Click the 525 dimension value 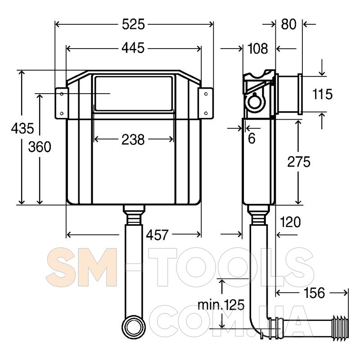coord(133,24)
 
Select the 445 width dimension coord(133,48)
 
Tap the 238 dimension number coord(133,139)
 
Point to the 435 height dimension coord(22,128)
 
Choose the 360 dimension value coord(40,147)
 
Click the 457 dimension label coord(157,234)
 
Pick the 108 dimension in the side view coord(258,49)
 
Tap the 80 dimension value coord(288,24)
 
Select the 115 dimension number coord(323,94)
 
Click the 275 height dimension coord(299,162)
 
